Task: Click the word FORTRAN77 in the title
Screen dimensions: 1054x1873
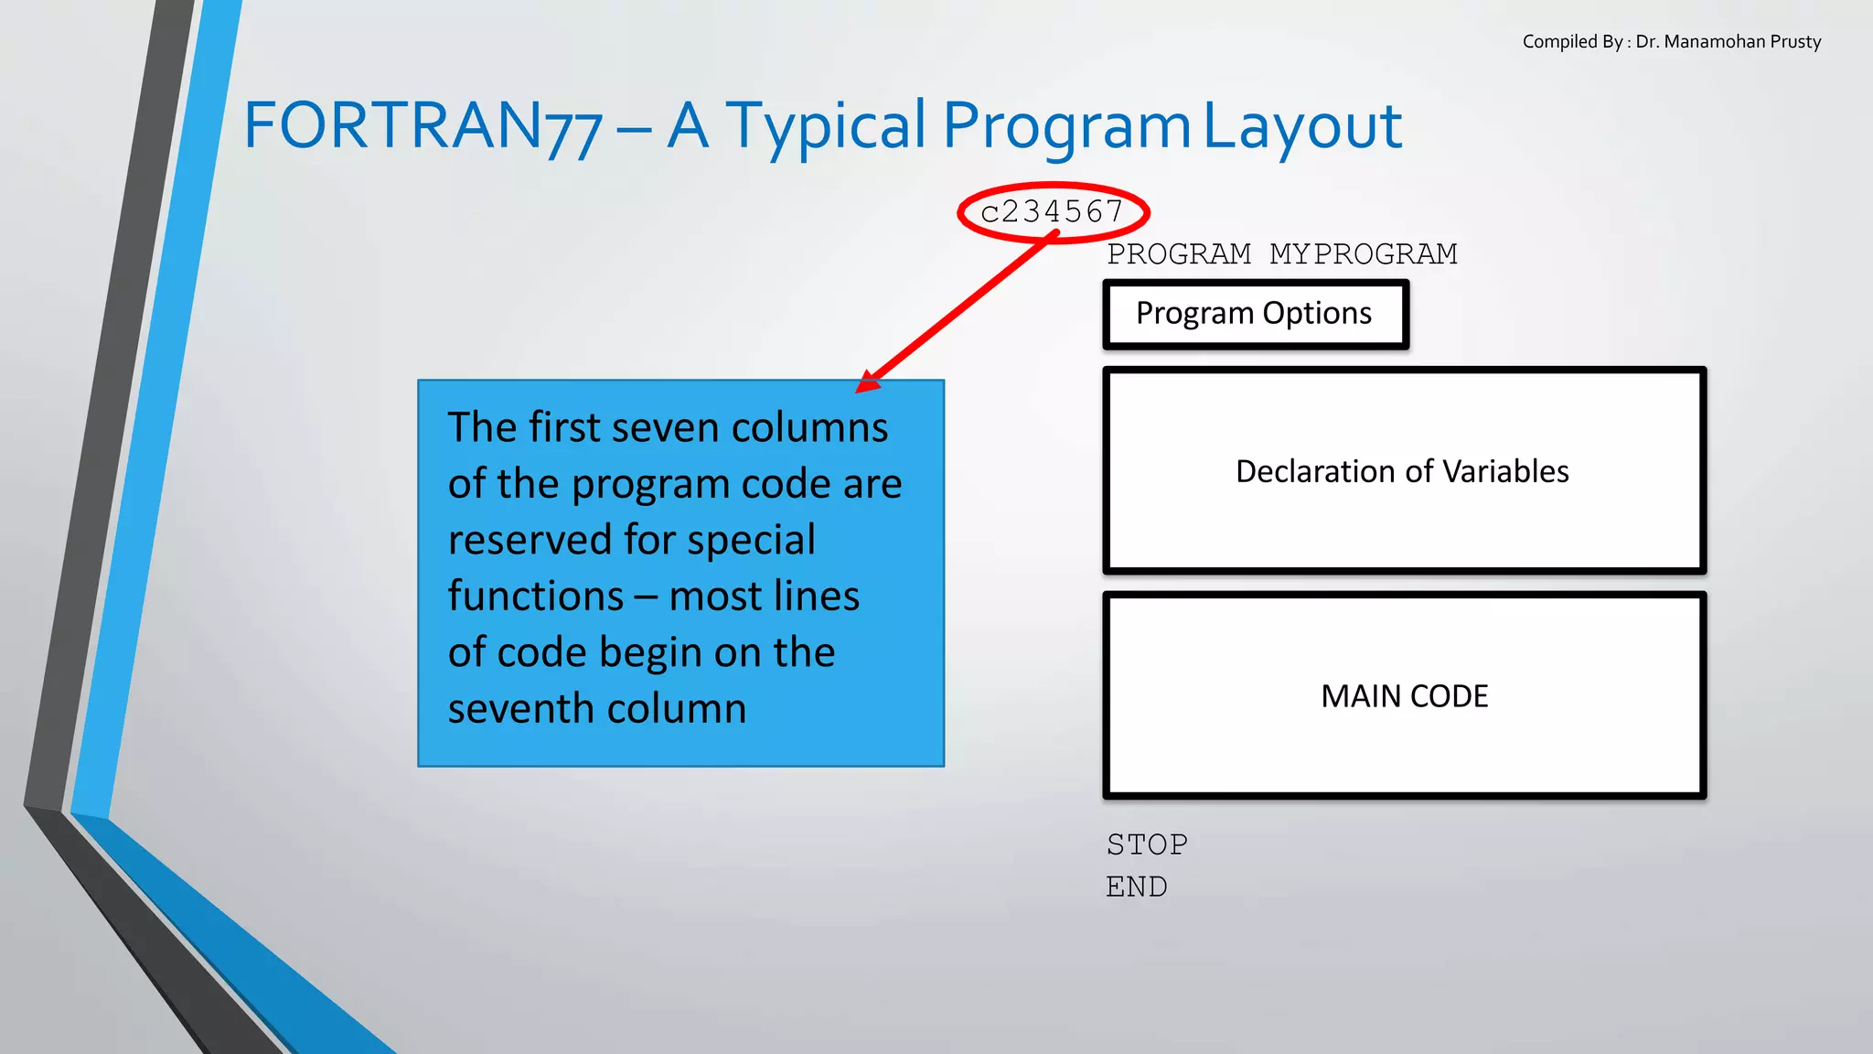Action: [x=423, y=126]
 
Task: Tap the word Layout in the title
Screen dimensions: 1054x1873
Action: [x=1301, y=126]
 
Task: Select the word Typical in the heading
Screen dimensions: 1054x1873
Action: [x=825, y=126]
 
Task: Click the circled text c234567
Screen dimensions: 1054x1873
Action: [x=1052, y=212]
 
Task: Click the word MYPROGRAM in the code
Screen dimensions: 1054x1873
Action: [x=1363, y=254]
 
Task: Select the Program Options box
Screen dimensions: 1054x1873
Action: [x=1255, y=314]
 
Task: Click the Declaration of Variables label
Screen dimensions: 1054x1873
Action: [x=1402, y=471]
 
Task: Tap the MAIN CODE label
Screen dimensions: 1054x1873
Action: [x=1405, y=696]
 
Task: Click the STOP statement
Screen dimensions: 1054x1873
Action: [x=1147, y=844]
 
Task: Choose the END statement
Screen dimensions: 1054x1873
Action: [x=1137, y=887]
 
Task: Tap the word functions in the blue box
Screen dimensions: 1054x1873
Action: [x=536, y=597]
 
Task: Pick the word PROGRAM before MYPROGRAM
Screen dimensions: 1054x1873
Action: [x=1179, y=254]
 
